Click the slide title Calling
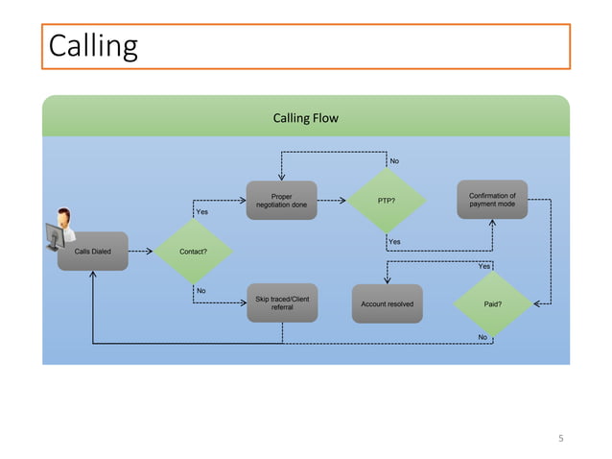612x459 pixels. [93, 46]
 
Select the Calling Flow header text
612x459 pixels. [305, 119]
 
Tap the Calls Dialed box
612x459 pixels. [92, 252]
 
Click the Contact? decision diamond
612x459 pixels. [193, 252]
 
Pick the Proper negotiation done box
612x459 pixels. [281, 201]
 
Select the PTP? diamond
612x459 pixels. [387, 201]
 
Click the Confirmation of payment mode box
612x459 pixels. [491, 201]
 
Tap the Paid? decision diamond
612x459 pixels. [492, 303]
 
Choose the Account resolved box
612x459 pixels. [387, 303]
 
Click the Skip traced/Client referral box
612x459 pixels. [281, 303]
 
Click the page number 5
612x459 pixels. [562, 439]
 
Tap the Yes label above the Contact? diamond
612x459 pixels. [201, 211]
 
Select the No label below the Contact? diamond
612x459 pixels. [201, 290]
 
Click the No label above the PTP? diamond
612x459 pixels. [394, 160]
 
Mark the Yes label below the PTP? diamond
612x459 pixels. [394, 241]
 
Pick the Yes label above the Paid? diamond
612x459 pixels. [483, 266]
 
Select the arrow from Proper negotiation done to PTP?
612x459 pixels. [331, 201]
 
